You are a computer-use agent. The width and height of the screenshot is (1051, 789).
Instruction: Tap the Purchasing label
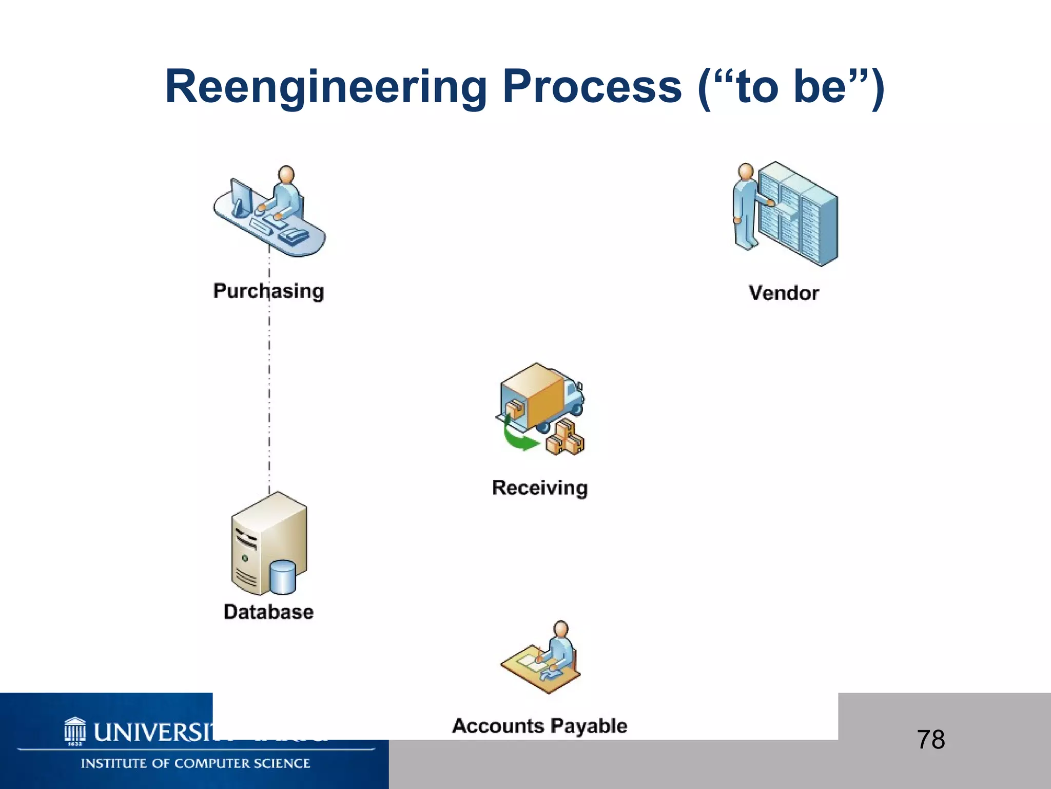pyautogui.click(x=268, y=291)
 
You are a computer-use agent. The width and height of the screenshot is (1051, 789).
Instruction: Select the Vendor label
pyautogui.click(x=784, y=293)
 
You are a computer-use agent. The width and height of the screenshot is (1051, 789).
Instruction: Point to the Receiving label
pyautogui.click(x=540, y=488)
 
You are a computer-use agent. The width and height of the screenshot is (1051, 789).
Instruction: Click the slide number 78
pyautogui.click(x=930, y=740)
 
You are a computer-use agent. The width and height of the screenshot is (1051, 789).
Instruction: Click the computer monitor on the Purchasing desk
pyautogui.click(x=241, y=198)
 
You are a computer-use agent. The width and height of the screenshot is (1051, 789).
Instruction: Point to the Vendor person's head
pyautogui.click(x=745, y=172)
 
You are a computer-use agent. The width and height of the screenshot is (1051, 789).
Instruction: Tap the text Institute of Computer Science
pyautogui.click(x=196, y=764)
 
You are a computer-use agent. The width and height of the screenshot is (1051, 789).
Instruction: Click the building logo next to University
pyautogui.click(x=75, y=731)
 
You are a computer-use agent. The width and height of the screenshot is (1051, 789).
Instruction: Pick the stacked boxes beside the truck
pyautogui.click(x=566, y=438)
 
